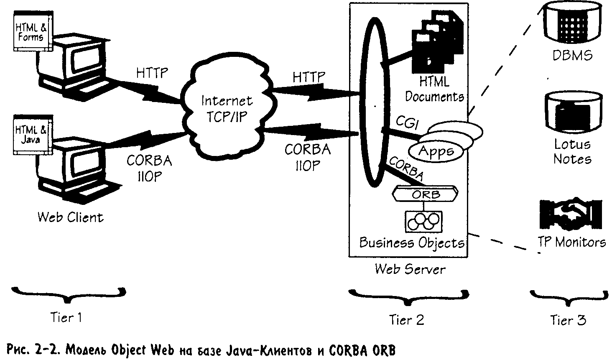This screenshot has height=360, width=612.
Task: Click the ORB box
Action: pyautogui.click(x=426, y=195)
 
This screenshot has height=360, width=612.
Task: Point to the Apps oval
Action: pyautogui.click(x=436, y=151)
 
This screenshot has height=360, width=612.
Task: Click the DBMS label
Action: pyautogui.click(x=572, y=55)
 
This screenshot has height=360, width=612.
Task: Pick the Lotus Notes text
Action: pyautogui.click(x=572, y=151)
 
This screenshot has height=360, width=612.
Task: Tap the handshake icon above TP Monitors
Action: pyautogui.click(x=571, y=214)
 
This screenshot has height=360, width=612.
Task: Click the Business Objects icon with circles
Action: pyautogui.click(x=424, y=221)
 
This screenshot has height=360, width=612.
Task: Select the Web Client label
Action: pyautogui.click(x=70, y=217)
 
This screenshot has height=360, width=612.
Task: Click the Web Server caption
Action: pyautogui.click(x=410, y=268)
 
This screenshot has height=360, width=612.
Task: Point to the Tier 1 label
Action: pyautogui.click(x=66, y=317)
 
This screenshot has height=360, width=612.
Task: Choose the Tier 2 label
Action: pyautogui.click(x=406, y=320)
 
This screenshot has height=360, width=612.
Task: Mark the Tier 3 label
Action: pyautogui.click(x=568, y=320)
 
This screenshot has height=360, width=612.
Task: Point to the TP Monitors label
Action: pyautogui.click(x=571, y=242)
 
